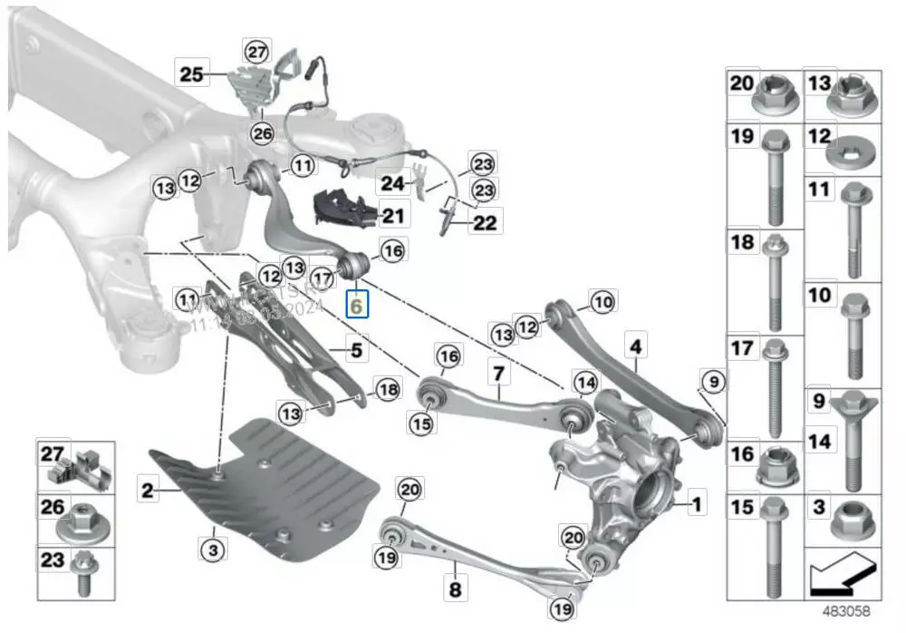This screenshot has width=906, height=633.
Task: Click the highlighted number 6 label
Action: pyautogui.click(x=357, y=307)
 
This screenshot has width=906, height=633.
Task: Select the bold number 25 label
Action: pyautogui.click(x=191, y=74)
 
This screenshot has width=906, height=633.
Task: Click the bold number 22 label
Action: pyautogui.click(x=485, y=222)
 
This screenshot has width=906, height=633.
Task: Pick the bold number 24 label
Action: pyautogui.click(x=391, y=182)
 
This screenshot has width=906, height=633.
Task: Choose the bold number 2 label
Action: pyautogui.click(x=147, y=491)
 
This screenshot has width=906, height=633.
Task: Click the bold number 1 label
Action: pyautogui.click(x=696, y=500)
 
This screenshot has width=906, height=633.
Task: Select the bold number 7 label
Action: pyautogui.click(x=496, y=371)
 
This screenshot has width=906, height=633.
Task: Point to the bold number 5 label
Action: pyautogui.click(x=356, y=347)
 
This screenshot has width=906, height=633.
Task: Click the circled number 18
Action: pyautogui.click(x=387, y=390)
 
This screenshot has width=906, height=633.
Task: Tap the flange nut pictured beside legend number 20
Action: pyautogui.click(x=775, y=93)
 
